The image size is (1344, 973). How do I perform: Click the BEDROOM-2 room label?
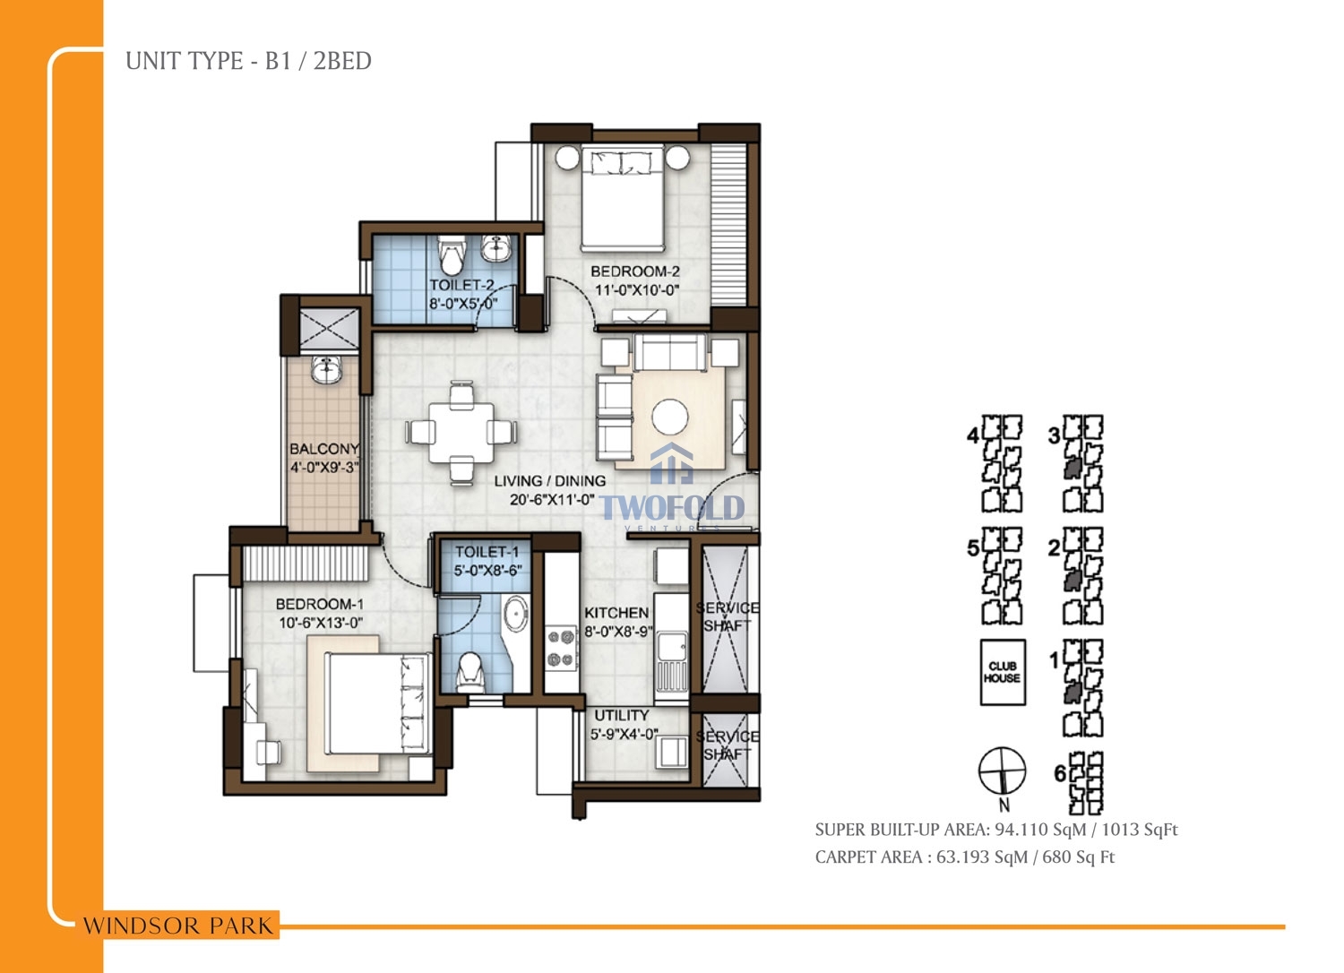634,271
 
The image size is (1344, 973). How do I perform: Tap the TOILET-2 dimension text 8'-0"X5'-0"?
462,304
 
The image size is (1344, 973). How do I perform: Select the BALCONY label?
324,449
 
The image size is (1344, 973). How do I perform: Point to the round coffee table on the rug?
670,417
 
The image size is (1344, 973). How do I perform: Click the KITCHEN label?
616,613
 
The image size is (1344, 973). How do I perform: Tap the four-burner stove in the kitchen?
561,648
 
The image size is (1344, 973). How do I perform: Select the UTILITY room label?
622,716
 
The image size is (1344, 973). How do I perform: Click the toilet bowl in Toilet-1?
471,672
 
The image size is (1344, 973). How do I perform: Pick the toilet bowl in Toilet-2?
452,254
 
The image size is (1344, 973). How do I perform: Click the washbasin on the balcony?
326,369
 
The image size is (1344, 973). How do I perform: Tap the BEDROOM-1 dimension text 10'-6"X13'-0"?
321,623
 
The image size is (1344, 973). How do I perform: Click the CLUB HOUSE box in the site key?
1003,672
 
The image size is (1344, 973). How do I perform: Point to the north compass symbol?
1002,771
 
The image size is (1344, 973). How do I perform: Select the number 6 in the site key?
1060,774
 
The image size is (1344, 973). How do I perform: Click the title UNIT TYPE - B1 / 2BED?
248,61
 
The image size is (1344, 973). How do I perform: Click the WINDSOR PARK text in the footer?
177,926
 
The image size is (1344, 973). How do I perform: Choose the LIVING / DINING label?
549,481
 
